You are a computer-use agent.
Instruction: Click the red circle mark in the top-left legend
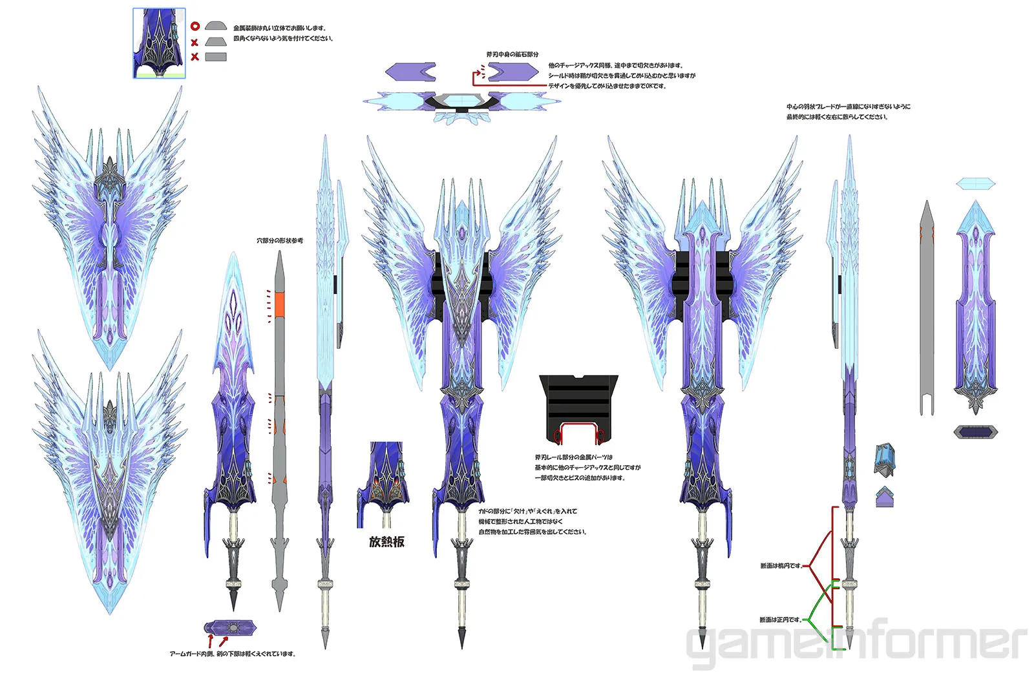pos(195,26)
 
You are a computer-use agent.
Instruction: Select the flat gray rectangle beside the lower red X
pos(216,57)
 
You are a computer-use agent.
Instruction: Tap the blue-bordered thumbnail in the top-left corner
pos(159,43)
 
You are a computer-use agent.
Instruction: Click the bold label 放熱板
pos(386,542)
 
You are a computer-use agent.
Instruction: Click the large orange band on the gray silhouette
pos(279,304)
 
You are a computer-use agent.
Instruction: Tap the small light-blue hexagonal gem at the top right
pos(975,184)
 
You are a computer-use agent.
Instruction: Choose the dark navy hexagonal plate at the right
pos(976,432)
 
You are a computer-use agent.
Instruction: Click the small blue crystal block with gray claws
pos(885,459)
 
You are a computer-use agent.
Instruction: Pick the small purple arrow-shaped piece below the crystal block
pos(885,497)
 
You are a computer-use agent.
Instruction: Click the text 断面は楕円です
pos(781,566)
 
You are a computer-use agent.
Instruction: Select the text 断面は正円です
pos(780,620)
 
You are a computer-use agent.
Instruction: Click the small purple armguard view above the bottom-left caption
pos(231,627)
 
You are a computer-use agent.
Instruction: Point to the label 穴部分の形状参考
pos(279,241)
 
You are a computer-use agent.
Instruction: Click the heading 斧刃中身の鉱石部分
pos(512,55)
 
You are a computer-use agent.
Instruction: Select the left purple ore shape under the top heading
pos(410,72)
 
